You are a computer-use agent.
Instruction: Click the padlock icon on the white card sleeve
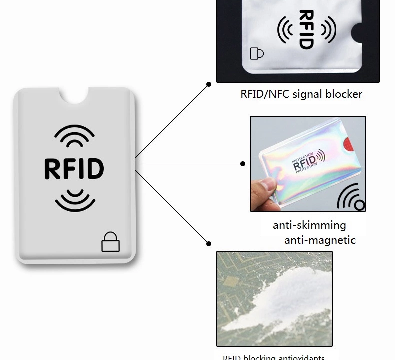110,242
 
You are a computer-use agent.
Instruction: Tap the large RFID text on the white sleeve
74,169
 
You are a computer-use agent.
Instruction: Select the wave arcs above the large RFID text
74,135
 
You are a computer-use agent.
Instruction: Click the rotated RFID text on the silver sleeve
306,29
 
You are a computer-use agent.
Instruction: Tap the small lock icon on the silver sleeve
256,53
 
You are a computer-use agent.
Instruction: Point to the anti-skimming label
309,225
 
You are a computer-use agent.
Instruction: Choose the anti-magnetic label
320,240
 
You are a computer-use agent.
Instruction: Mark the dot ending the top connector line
209,85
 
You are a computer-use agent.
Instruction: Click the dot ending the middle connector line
243,164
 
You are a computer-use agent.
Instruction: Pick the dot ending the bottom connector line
209,244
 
